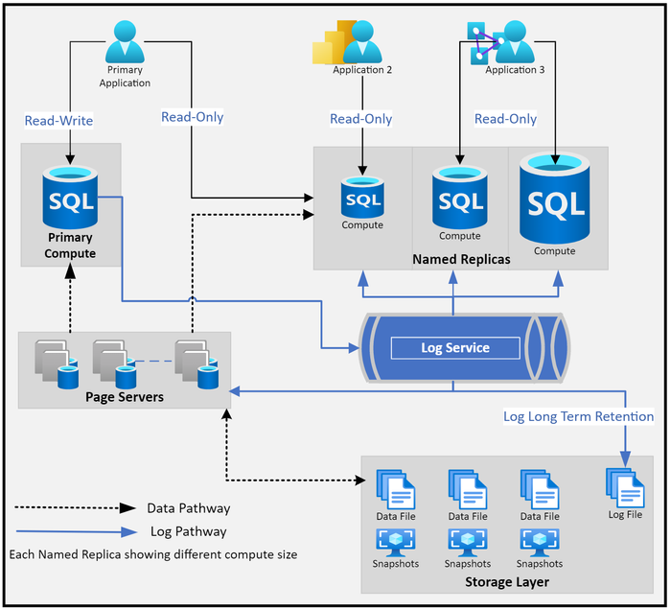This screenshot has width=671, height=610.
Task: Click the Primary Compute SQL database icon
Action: [70, 197]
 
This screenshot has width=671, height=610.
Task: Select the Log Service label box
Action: [455, 347]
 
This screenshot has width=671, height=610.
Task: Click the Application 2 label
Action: [362, 70]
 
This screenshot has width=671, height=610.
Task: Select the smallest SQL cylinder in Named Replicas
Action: [362, 198]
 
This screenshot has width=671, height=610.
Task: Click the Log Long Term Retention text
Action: [579, 416]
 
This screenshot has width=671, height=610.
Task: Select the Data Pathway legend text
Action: [189, 508]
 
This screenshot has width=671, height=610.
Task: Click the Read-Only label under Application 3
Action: [505, 119]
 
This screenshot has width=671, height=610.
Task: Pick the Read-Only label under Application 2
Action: [360, 119]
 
